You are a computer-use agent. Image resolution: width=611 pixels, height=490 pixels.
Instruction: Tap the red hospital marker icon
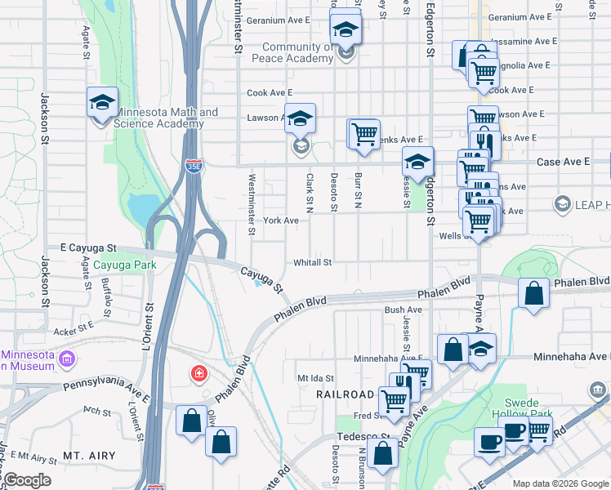point(198,375)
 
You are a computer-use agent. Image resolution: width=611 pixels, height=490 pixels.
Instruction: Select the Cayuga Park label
point(124,265)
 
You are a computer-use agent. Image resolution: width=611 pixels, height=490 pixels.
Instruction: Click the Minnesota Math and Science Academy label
point(166,118)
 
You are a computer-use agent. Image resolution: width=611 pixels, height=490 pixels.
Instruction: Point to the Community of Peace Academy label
point(296,53)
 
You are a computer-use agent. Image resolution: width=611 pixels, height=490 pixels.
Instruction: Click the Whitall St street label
point(313,263)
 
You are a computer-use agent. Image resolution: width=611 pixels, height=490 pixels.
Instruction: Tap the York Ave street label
point(281,220)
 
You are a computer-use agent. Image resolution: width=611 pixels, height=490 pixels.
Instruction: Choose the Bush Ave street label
point(403,310)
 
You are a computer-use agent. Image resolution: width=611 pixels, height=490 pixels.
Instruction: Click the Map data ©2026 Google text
point(560,484)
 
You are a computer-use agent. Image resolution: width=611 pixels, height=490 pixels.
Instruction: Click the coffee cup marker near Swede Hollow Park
point(490,442)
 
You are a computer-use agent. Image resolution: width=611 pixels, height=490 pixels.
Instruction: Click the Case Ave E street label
point(563,163)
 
